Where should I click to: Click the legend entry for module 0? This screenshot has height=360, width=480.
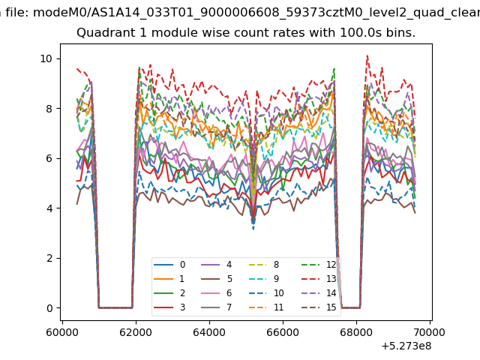tap(169, 265)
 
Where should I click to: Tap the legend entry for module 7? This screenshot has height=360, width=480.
tap(217, 307)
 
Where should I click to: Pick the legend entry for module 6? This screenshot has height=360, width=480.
tap(217, 293)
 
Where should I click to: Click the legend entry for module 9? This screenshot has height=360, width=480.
tap(263, 279)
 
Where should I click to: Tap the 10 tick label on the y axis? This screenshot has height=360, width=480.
tap(46, 58)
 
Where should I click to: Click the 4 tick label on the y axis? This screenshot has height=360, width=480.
tap(49, 208)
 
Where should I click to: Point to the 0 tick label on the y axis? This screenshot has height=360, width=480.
tap(49, 308)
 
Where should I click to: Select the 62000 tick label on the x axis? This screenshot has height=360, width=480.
tap(136, 332)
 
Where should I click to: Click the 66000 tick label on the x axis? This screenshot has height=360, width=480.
tap(283, 332)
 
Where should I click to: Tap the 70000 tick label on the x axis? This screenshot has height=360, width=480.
tap(429, 332)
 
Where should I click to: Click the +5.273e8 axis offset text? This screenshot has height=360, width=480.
tap(406, 346)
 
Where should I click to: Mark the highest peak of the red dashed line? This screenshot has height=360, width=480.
tap(367, 55)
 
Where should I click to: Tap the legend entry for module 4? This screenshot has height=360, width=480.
tap(217, 265)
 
